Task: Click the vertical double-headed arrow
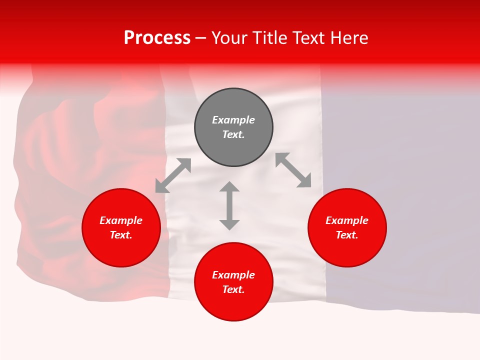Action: click(229, 206)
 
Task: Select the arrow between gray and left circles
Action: click(173, 175)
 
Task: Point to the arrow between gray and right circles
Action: click(293, 170)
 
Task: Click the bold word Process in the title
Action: click(157, 38)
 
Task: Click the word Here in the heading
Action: click(348, 38)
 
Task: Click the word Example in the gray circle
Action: click(233, 120)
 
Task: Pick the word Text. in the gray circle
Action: click(233, 134)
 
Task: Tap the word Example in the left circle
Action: click(121, 220)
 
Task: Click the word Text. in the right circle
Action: click(347, 235)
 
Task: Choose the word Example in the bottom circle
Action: click(233, 275)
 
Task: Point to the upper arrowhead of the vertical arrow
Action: click(229, 186)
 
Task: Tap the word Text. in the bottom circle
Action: click(233, 289)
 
